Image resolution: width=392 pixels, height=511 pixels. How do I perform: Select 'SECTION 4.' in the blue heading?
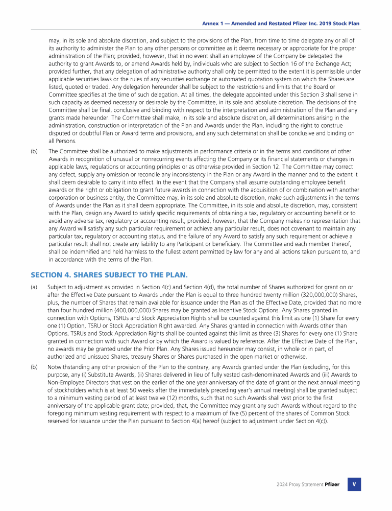coord(51,274)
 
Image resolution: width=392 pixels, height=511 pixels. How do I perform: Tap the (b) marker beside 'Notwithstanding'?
coord(34,367)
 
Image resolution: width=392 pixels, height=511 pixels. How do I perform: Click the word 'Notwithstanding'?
coord(69,367)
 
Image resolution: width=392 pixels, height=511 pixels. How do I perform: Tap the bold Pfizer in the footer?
coord(332,484)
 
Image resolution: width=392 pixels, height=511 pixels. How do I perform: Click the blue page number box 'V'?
coord(354,484)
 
